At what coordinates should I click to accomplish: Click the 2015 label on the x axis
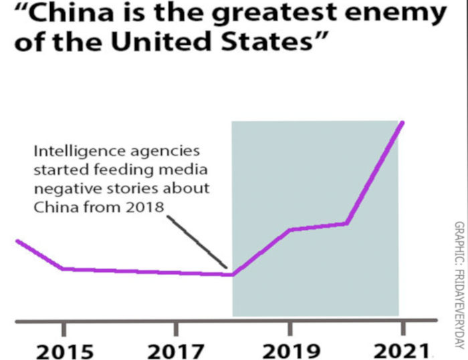click(64, 350)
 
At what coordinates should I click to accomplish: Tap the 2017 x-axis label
click(176, 350)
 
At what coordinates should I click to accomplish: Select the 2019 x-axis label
click(289, 350)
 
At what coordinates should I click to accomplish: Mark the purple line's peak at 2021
click(402, 122)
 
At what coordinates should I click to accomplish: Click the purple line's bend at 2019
click(289, 230)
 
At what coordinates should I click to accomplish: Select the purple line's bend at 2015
click(64, 268)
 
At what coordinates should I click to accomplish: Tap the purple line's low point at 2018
click(232, 275)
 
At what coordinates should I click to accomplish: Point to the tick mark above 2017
click(176, 328)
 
